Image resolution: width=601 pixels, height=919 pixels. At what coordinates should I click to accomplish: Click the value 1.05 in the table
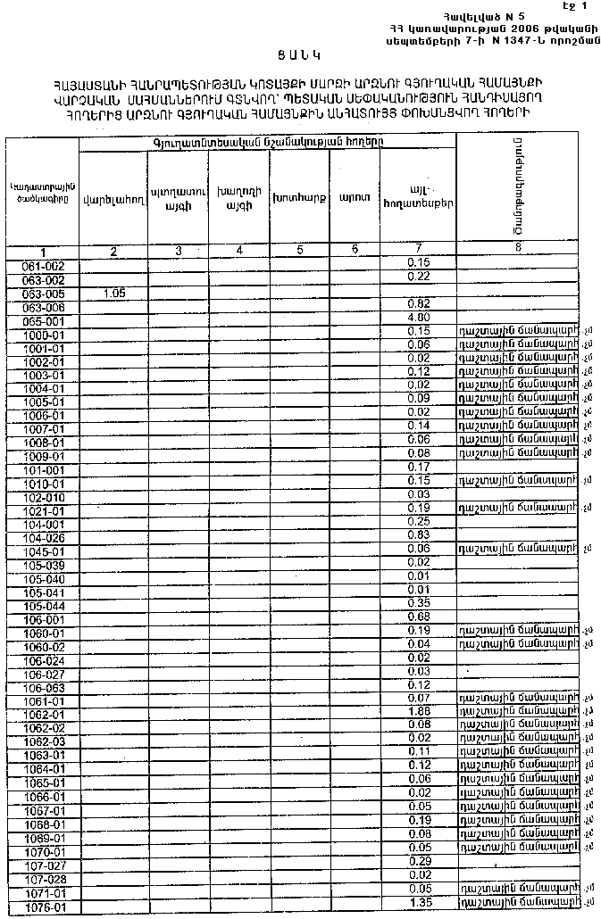[113, 293]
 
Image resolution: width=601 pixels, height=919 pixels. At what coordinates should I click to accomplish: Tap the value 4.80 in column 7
[418, 317]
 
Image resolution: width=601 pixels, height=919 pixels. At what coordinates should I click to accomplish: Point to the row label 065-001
[43, 319]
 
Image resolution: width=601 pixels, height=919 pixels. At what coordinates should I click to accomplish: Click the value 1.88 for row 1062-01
[418, 711]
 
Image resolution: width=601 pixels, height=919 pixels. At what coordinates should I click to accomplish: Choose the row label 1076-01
[43, 908]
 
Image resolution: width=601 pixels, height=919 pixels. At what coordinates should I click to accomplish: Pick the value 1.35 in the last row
[418, 903]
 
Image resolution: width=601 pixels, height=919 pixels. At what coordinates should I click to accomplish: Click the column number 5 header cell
[299, 251]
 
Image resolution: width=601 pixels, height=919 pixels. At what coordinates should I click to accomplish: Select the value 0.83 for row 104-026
[418, 534]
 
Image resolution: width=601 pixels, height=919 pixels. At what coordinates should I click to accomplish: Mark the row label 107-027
[43, 865]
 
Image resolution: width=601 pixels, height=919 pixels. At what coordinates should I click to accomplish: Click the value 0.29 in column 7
[418, 861]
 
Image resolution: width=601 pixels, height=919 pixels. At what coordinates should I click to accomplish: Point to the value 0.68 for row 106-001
[418, 617]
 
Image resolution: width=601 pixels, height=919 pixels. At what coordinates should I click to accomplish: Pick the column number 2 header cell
[113, 251]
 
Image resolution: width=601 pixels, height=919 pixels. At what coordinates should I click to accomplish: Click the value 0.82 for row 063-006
[418, 303]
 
